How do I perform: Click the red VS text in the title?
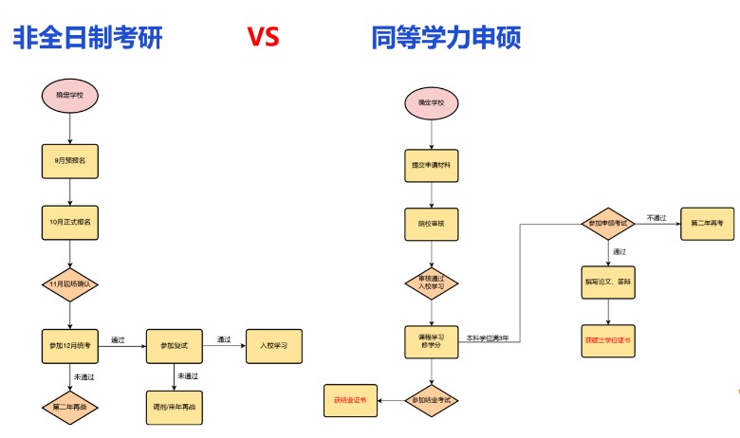point(263,37)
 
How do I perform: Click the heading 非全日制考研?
point(87,37)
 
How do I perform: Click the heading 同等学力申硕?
point(446,37)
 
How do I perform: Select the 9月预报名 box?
point(70,161)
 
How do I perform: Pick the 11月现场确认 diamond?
point(70,283)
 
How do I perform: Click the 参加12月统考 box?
point(70,344)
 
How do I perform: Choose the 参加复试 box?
point(175,344)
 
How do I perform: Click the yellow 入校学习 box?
point(274,344)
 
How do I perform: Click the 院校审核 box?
point(432,225)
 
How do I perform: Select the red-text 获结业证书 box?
point(350,401)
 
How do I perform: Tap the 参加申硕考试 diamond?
point(607,224)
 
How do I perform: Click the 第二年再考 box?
point(707,224)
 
